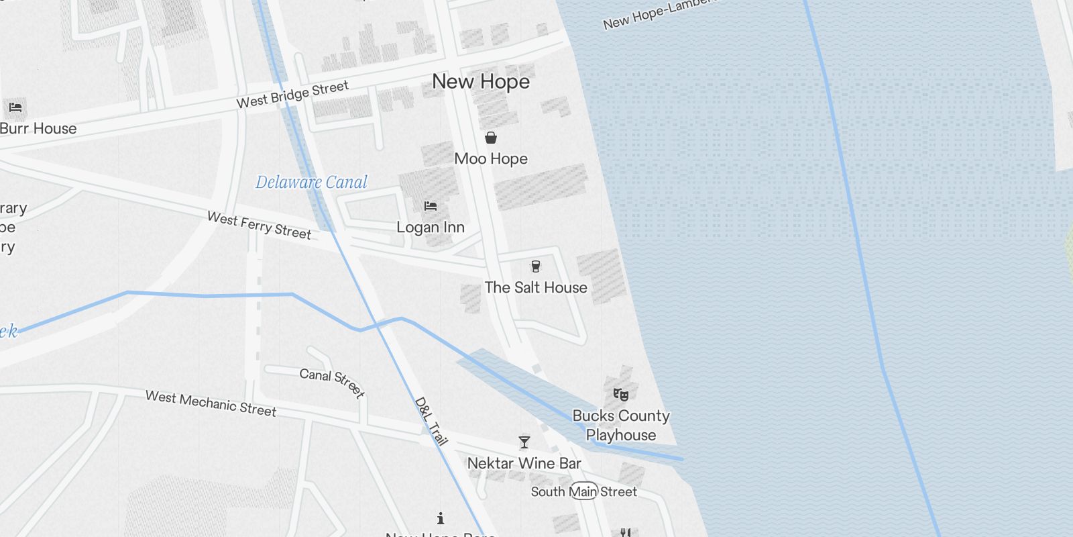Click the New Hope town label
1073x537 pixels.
(x=481, y=82)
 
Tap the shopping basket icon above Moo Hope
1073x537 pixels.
(x=491, y=138)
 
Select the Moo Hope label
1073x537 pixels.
(x=491, y=159)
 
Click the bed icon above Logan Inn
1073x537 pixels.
(x=431, y=206)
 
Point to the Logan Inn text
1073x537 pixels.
(x=431, y=228)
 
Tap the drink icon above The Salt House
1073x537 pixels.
(x=535, y=266)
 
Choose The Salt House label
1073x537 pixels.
(x=536, y=287)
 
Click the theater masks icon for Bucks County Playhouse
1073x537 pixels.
(x=621, y=395)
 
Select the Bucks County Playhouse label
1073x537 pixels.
(x=621, y=425)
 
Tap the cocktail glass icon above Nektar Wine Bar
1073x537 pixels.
(x=524, y=442)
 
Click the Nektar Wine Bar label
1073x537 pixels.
(x=524, y=463)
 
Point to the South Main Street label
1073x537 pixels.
(x=583, y=491)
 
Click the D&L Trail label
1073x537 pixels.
(x=431, y=422)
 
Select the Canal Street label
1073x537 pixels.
(x=332, y=383)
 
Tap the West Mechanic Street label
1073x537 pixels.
(x=211, y=404)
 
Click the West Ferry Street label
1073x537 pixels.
(x=259, y=226)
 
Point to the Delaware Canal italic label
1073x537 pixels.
(x=311, y=182)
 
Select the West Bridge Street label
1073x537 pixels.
(x=292, y=95)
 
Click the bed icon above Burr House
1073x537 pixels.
(x=15, y=107)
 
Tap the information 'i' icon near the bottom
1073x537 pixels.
(x=441, y=518)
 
